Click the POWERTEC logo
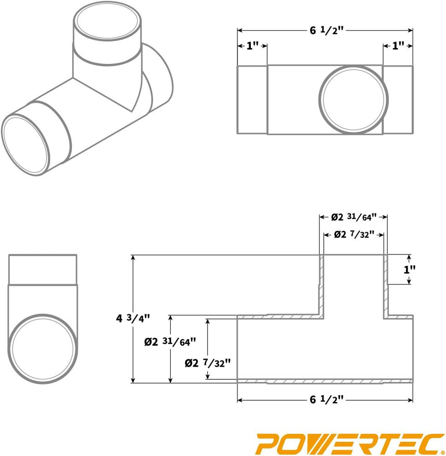350,442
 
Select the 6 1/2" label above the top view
326,31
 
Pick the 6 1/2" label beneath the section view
326,400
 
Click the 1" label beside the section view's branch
410,269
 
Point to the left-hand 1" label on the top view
252,46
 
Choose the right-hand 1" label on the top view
398,46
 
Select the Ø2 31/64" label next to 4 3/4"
170,341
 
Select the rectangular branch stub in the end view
42,269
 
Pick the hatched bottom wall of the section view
325,381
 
